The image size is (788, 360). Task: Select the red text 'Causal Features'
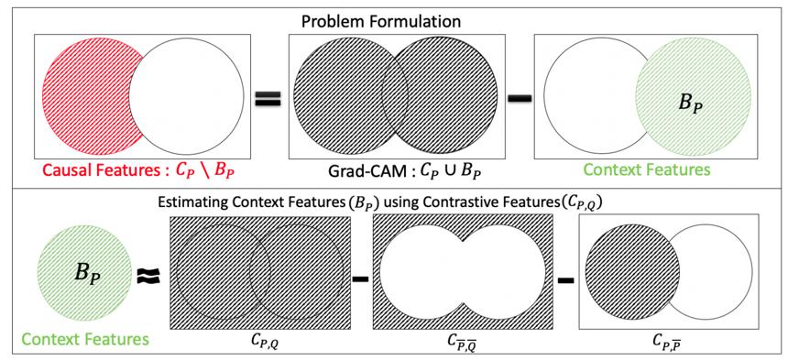click(99, 169)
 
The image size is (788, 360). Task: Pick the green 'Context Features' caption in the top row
click(650, 169)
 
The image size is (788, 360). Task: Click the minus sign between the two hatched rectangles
click(361, 278)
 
